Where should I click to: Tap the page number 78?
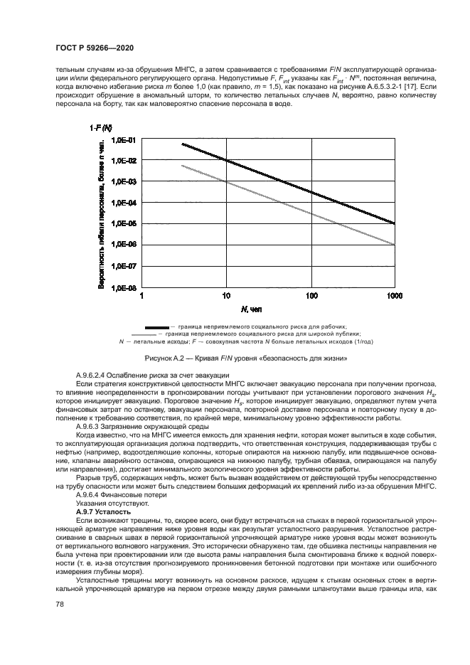click(58, 604)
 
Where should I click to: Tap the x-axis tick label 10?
click(226, 297)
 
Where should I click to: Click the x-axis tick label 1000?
click(392, 297)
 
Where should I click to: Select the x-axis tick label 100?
click(311, 297)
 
